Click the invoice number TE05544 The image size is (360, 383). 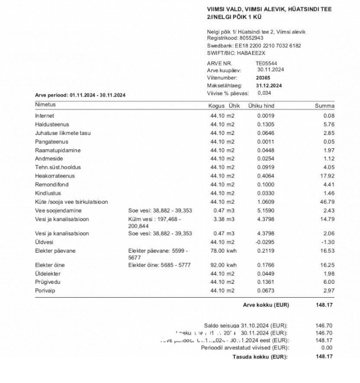(266, 63)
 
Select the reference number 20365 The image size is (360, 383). (263, 78)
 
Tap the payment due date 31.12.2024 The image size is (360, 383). (268, 85)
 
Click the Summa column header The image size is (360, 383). (325, 105)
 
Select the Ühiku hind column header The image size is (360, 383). (261, 105)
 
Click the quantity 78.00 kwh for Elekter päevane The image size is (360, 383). (223, 250)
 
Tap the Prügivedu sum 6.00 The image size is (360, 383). (329, 282)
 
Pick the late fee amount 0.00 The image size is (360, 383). (327, 348)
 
